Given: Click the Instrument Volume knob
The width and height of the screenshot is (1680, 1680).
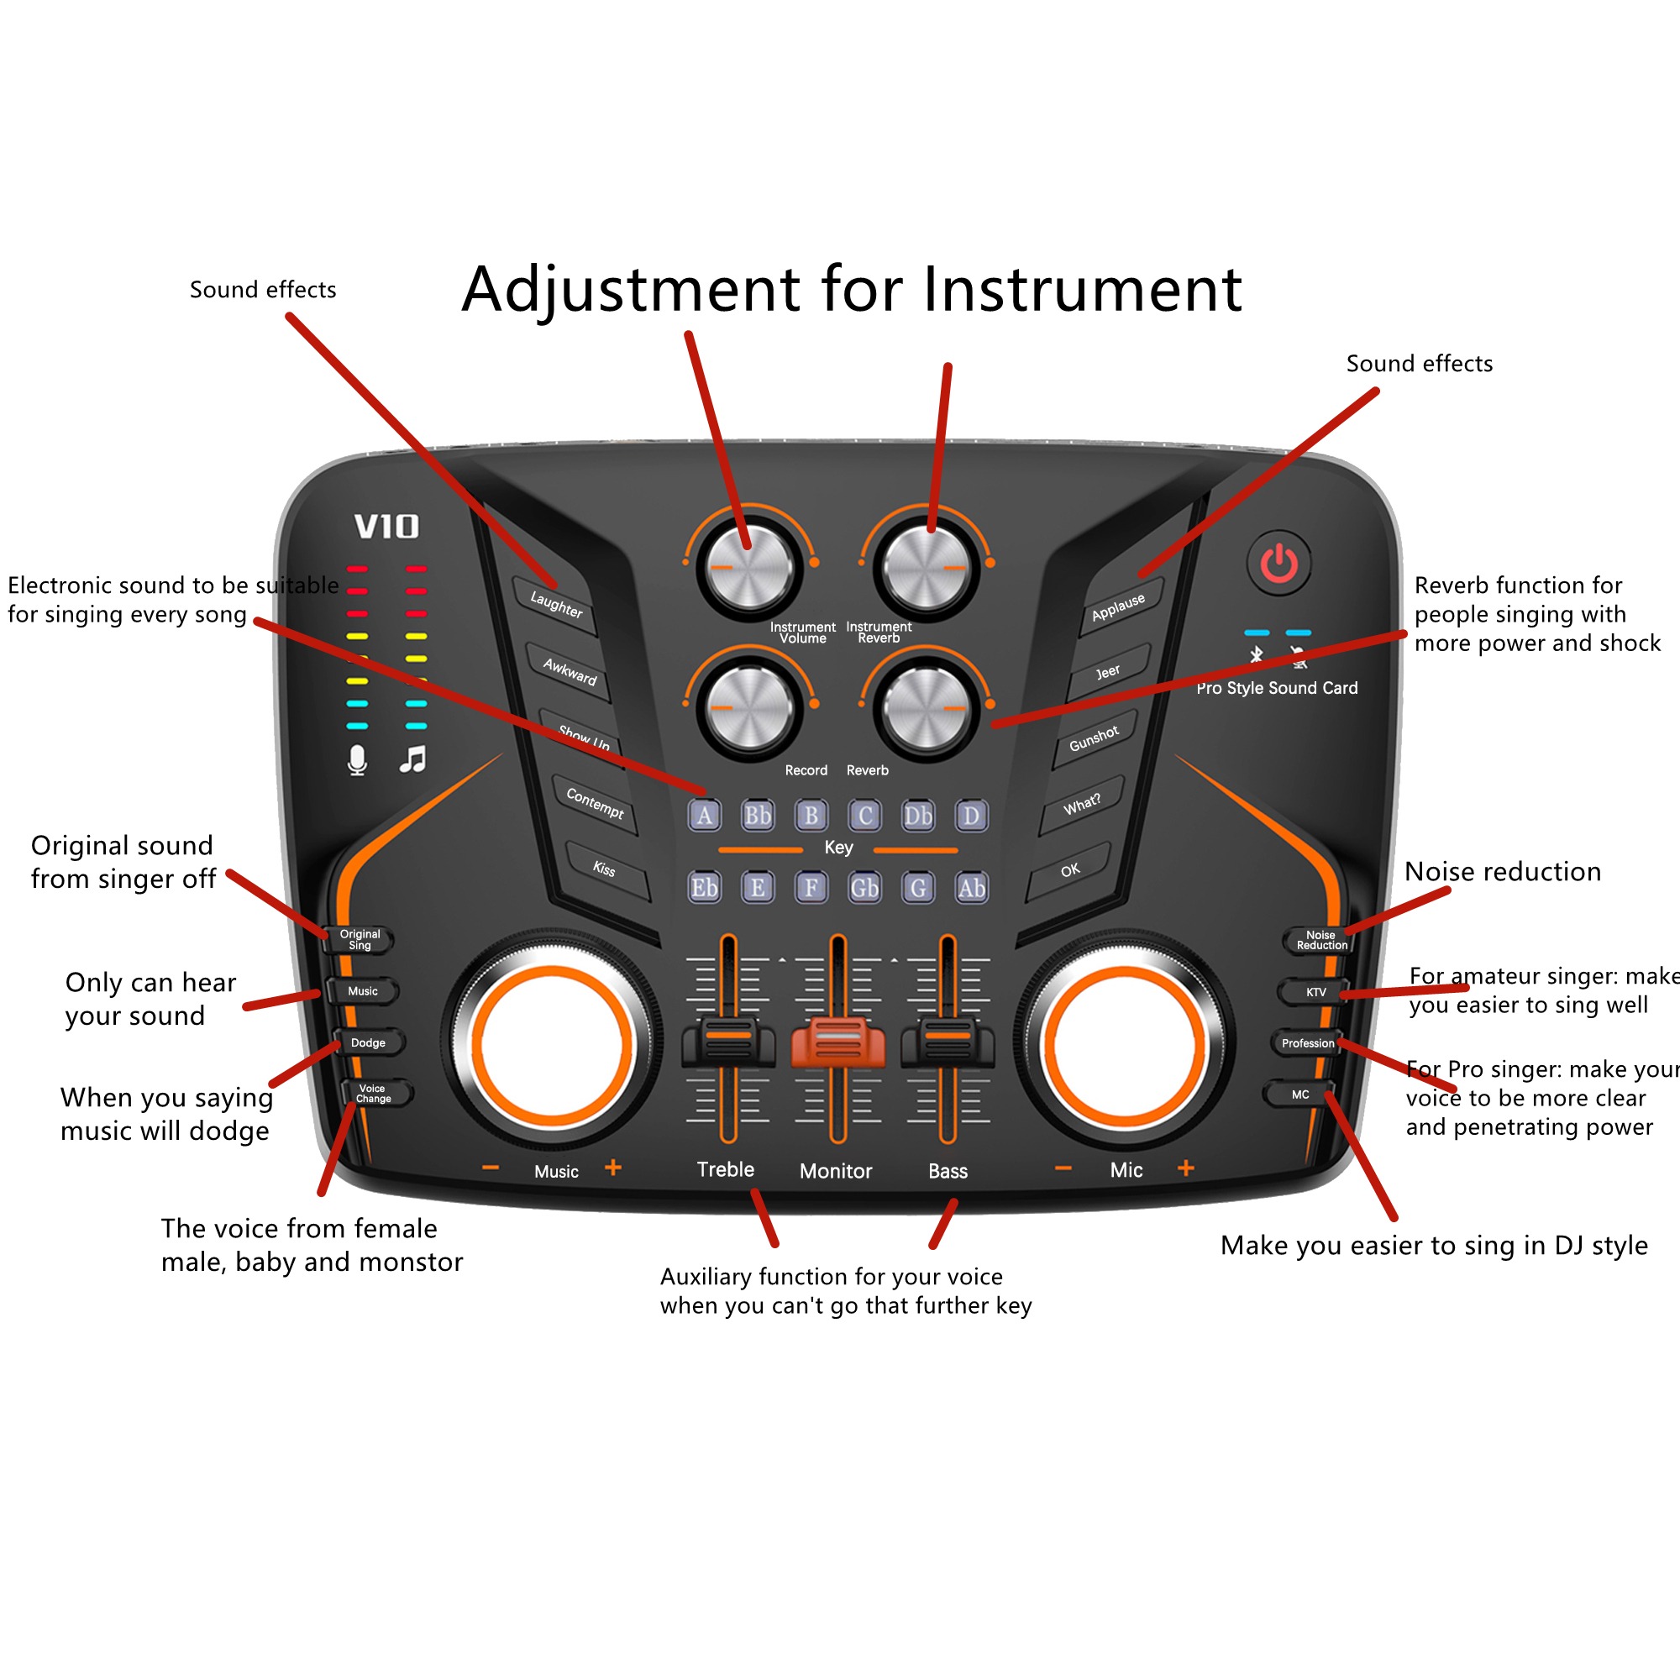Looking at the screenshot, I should (x=748, y=568).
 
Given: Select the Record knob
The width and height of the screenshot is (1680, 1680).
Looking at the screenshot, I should (x=748, y=709).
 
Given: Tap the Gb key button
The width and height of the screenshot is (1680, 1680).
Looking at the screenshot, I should (x=864, y=888).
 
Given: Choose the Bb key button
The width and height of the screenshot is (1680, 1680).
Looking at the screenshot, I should (x=758, y=816).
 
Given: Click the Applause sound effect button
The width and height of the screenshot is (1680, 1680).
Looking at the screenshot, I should (x=1118, y=607).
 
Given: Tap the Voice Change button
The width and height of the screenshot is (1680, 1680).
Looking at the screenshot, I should (x=373, y=1093).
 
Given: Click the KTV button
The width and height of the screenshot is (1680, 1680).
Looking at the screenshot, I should (x=1315, y=992).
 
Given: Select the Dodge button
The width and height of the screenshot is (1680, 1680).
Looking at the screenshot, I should (x=369, y=1042).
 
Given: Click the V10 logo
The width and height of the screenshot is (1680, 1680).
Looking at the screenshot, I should (x=386, y=526).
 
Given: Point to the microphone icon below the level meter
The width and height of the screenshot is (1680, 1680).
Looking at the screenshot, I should (x=357, y=760).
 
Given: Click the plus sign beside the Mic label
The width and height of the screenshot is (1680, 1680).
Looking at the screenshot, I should (x=1185, y=1168).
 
